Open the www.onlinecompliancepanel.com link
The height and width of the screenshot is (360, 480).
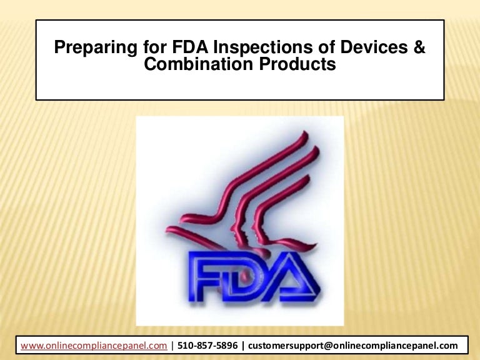pyautogui.click(x=94, y=345)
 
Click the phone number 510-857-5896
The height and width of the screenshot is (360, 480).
pyautogui.click(x=207, y=345)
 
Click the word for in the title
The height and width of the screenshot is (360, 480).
pyautogui.click(x=138, y=48)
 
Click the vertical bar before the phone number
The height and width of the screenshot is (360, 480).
pyautogui.click(x=172, y=345)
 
